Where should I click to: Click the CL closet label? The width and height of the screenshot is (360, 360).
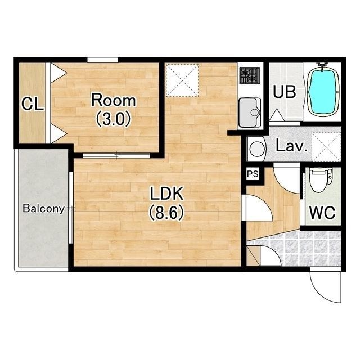coord(33,104)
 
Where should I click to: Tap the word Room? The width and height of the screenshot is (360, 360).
coord(114,100)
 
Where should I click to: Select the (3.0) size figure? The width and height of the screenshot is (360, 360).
coord(113,119)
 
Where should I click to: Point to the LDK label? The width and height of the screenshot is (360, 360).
coord(166,193)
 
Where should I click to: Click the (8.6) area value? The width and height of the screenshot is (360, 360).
coord(166,213)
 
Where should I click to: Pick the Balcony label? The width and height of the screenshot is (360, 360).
coord(43,209)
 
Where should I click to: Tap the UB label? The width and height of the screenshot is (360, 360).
coord(284,92)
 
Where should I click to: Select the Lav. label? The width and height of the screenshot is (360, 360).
coord(291,146)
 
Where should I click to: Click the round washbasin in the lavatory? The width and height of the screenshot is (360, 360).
coord(256,148)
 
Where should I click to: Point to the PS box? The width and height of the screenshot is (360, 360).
coord(253,174)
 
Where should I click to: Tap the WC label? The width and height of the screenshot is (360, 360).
coord(322,213)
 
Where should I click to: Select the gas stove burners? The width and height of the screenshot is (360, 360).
coord(250,76)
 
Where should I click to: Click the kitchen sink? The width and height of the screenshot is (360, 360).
coord(250,112)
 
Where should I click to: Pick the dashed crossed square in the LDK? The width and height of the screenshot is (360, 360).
coord(182,80)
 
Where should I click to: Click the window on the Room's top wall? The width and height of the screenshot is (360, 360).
coord(102,60)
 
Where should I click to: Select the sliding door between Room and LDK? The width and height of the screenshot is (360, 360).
coord(116,155)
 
